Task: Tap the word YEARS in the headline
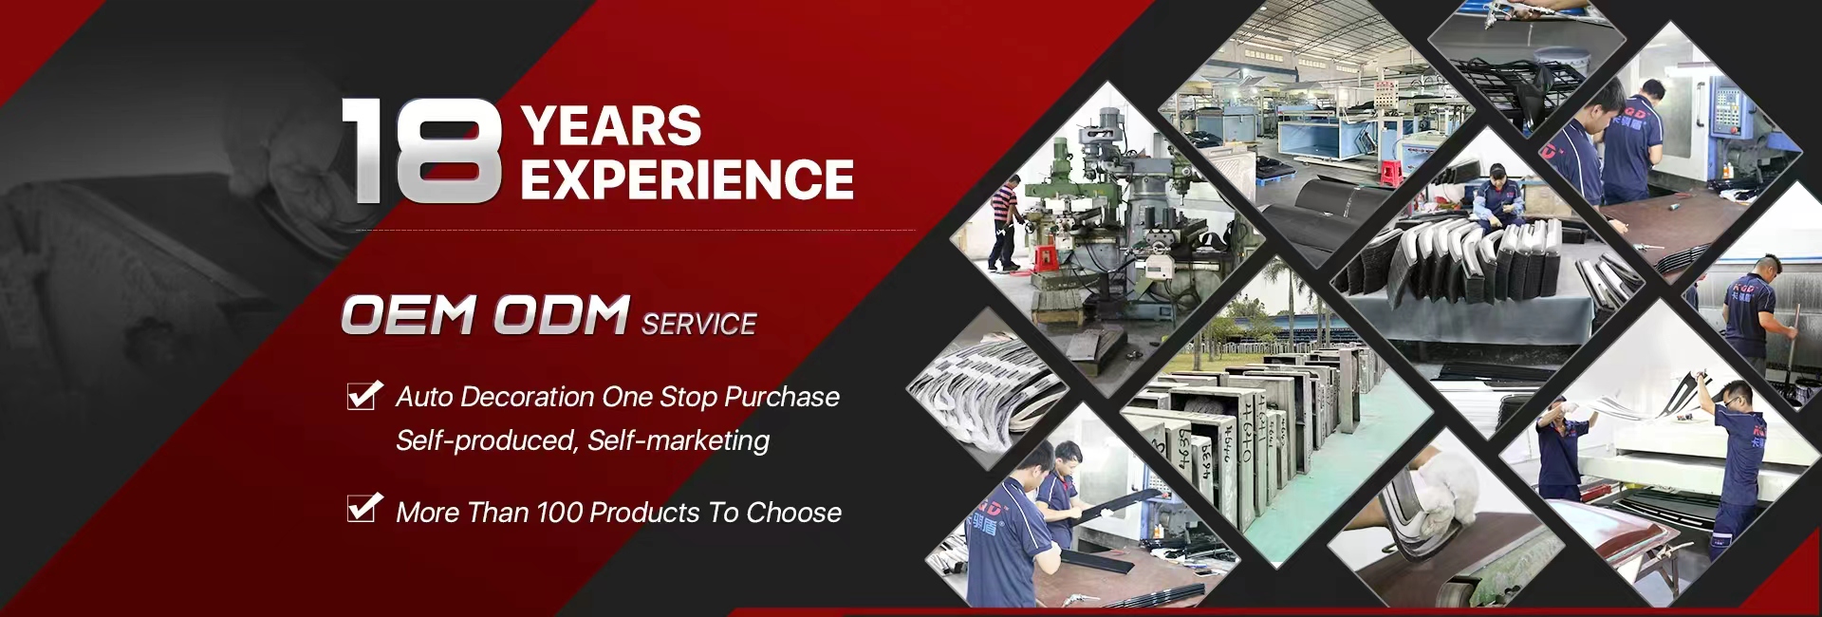[x=611, y=125]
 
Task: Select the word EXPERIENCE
[x=687, y=179]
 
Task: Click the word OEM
[x=408, y=315]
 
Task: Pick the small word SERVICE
[x=699, y=325]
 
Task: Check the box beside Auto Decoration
[x=364, y=395]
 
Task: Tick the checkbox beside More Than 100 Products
[x=364, y=508]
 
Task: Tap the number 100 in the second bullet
[x=560, y=513]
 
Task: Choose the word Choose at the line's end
[x=794, y=513]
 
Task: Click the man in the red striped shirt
[x=1003, y=224]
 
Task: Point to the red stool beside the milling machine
[x=1045, y=258]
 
